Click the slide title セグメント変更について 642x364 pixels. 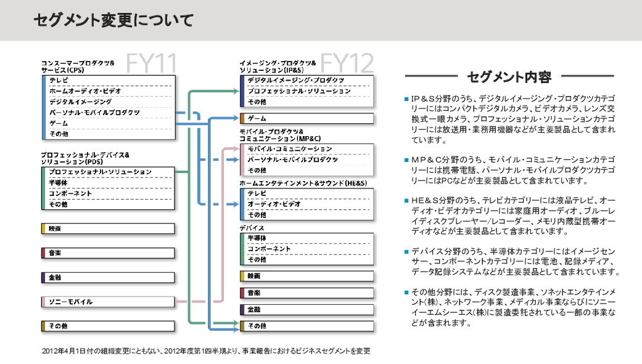pos(113,20)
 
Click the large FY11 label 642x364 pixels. pos(152,63)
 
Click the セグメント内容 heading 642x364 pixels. pos(509,77)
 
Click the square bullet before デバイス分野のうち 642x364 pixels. pos(406,252)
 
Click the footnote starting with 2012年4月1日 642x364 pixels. pos(206,351)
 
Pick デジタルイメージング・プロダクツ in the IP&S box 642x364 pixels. pos(295,81)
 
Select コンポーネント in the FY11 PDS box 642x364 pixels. pos(70,193)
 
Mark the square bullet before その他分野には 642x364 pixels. pos(406,291)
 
